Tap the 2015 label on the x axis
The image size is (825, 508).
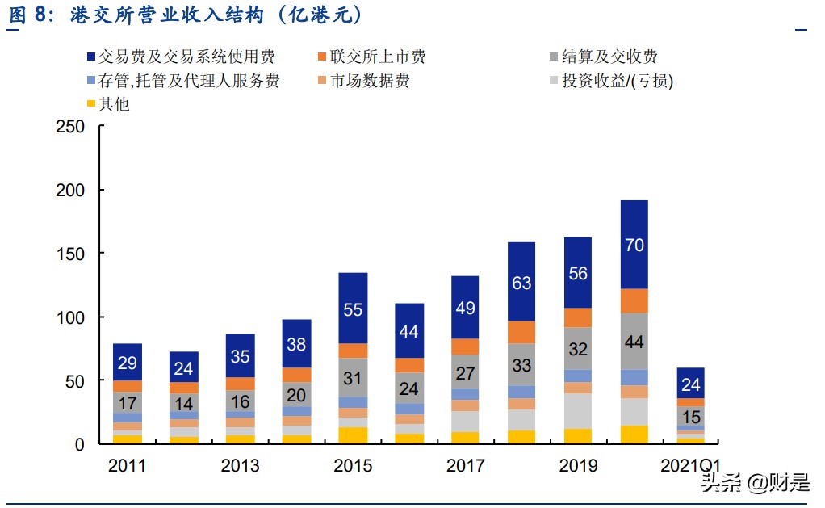pyautogui.click(x=353, y=466)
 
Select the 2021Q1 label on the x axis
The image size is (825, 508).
pyautogui.click(x=690, y=466)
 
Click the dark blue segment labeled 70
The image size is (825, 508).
pyautogui.click(x=634, y=245)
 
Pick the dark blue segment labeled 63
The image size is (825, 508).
pyautogui.click(x=521, y=282)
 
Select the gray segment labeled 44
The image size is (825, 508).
pyautogui.click(x=634, y=342)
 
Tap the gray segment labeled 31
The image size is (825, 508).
pyautogui.click(x=353, y=377)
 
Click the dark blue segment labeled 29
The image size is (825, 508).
pyautogui.click(x=128, y=363)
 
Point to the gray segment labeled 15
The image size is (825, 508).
pyautogui.click(x=690, y=416)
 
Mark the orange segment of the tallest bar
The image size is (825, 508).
pyautogui.click(x=634, y=300)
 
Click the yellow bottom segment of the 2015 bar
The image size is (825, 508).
pyautogui.click(x=353, y=436)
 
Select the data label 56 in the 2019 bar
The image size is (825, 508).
pyautogui.click(x=578, y=273)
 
